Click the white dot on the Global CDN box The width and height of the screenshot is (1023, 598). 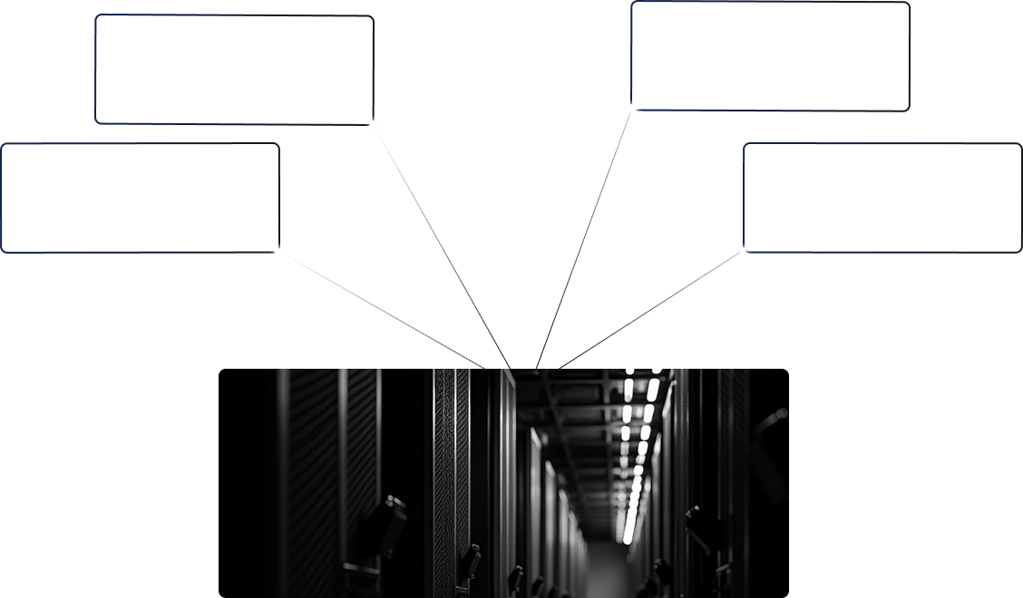373,124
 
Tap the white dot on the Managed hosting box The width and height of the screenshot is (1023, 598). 278,250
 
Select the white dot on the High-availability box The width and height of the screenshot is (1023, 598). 632,109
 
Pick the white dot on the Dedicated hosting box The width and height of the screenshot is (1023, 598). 744,250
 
